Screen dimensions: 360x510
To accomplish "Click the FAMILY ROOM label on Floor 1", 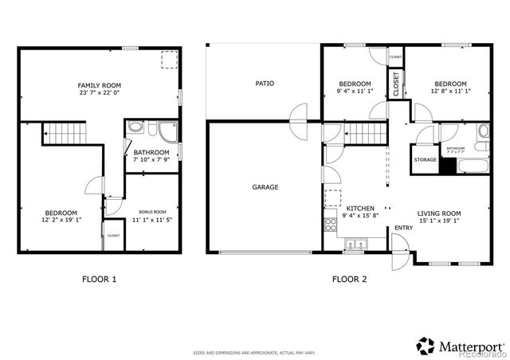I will (98, 85).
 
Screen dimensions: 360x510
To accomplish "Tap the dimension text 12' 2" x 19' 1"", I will (61, 221).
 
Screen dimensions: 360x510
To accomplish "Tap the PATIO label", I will (265, 83).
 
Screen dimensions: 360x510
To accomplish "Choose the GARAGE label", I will (265, 187).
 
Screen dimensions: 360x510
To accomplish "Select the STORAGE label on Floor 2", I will (426, 160).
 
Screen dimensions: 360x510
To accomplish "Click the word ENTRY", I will (402, 229).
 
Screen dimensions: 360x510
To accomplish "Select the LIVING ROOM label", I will (439, 213).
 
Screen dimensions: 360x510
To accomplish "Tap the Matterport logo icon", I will (426, 346).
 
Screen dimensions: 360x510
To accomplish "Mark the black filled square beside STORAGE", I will (447, 166).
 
